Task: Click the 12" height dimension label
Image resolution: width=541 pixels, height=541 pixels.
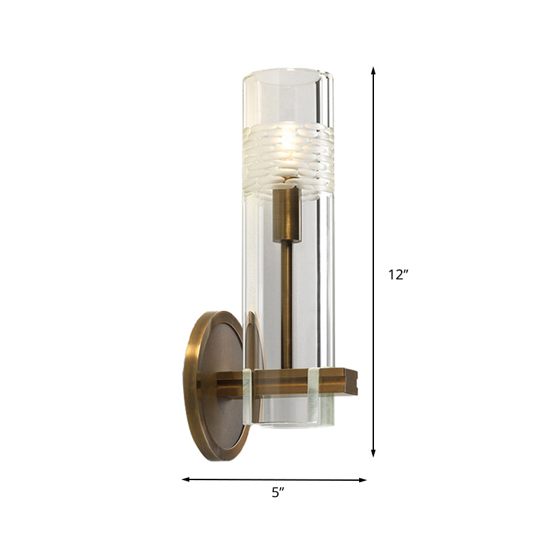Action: (x=399, y=275)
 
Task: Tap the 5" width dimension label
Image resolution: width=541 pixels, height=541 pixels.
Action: (x=275, y=494)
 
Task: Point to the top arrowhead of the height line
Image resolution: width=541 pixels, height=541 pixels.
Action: (x=373, y=70)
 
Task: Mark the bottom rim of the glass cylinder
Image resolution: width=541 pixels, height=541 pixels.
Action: (x=287, y=426)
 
